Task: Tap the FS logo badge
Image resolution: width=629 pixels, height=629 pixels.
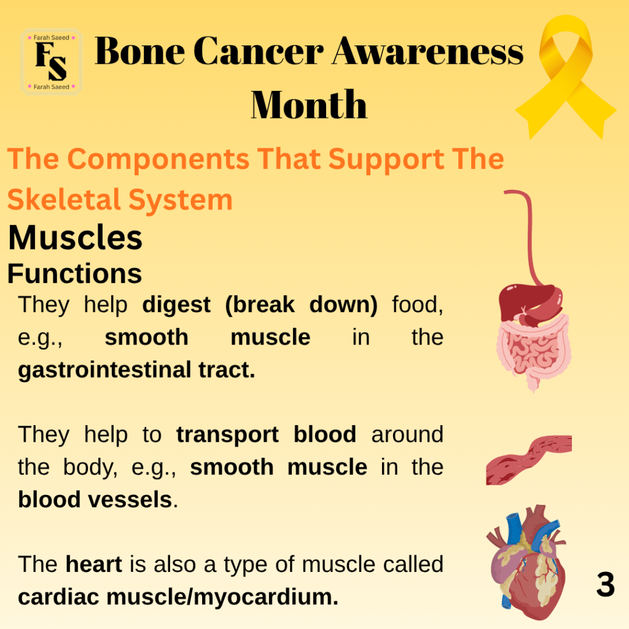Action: (x=52, y=62)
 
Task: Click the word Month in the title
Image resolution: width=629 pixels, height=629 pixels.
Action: (x=309, y=104)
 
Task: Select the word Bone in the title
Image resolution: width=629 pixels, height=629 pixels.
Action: (x=139, y=51)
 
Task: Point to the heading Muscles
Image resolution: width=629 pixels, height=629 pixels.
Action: (x=75, y=238)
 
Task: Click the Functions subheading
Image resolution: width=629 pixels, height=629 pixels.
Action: (x=74, y=273)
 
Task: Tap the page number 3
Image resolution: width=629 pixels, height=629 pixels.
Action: (x=605, y=584)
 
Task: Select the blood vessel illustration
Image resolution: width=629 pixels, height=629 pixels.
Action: (x=529, y=459)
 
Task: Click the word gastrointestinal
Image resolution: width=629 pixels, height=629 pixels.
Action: (x=104, y=370)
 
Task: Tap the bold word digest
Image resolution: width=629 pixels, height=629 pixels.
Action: (x=176, y=305)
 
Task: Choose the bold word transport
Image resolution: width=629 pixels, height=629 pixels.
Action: (x=227, y=434)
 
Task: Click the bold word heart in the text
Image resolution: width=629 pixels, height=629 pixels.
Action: (x=93, y=564)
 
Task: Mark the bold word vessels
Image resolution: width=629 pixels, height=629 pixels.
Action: (x=130, y=499)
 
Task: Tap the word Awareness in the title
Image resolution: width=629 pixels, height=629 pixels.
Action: (x=428, y=51)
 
